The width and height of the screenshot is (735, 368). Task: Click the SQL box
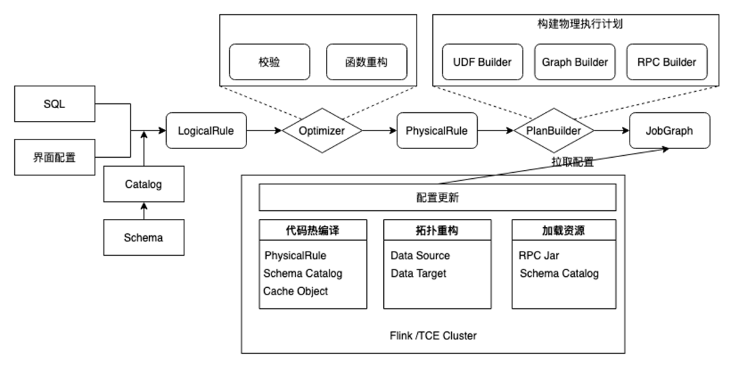click(x=54, y=105)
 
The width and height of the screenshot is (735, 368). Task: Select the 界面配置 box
click(x=54, y=158)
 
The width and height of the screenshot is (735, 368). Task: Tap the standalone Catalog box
click(x=144, y=184)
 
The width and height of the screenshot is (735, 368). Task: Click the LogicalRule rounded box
click(x=206, y=131)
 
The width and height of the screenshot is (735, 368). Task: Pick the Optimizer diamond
click(x=322, y=131)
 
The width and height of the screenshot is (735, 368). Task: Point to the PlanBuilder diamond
click(x=553, y=131)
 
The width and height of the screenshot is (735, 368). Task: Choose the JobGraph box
click(x=669, y=131)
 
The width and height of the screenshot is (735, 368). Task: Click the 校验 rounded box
click(x=269, y=62)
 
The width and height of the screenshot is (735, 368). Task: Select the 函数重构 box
click(x=367, y=62)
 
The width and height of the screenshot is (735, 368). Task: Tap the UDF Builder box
click(x=483, y=62)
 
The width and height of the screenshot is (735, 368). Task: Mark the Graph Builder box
click(x=575, y=62)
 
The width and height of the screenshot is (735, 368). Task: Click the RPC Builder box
click(x=667, y=62)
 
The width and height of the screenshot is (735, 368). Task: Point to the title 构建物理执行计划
click(x=575, y=24)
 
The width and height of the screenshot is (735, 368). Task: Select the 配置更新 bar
click(x=438, y=198)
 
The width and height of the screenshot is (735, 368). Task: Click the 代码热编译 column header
click(x=313, y=231)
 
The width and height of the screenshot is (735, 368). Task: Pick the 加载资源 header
click(x=563, y=231)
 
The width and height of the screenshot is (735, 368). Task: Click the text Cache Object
click(x=296, y=291)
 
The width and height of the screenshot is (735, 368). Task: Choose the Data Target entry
click(x=419, y=273)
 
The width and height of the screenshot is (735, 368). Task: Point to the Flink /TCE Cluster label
click(x=433, y=335)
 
